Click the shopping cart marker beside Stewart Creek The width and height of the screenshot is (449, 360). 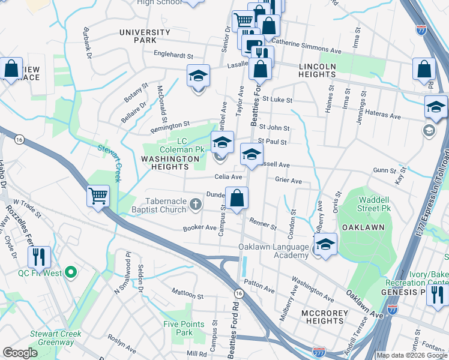(98, 196)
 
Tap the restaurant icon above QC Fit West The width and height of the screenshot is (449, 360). (39, 257)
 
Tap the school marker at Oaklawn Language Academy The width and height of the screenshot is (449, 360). (325, 245)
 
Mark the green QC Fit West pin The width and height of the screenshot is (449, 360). (71, 274)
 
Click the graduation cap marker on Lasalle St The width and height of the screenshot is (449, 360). (198, 76)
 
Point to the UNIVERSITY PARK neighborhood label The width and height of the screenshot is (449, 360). (145, 36)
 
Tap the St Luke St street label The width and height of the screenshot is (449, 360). (276, 100)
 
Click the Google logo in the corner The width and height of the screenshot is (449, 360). (20, 352)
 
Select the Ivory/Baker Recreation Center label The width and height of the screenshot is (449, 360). (429, 278)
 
